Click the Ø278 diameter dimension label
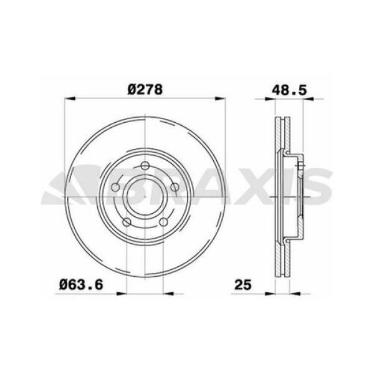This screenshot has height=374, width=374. click(x=145, y=89)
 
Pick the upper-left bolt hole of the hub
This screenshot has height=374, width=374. click(x=116, y=186)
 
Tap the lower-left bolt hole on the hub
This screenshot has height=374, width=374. click(x=127, y=221)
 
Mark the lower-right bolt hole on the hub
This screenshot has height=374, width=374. click(x=163, y=221)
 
